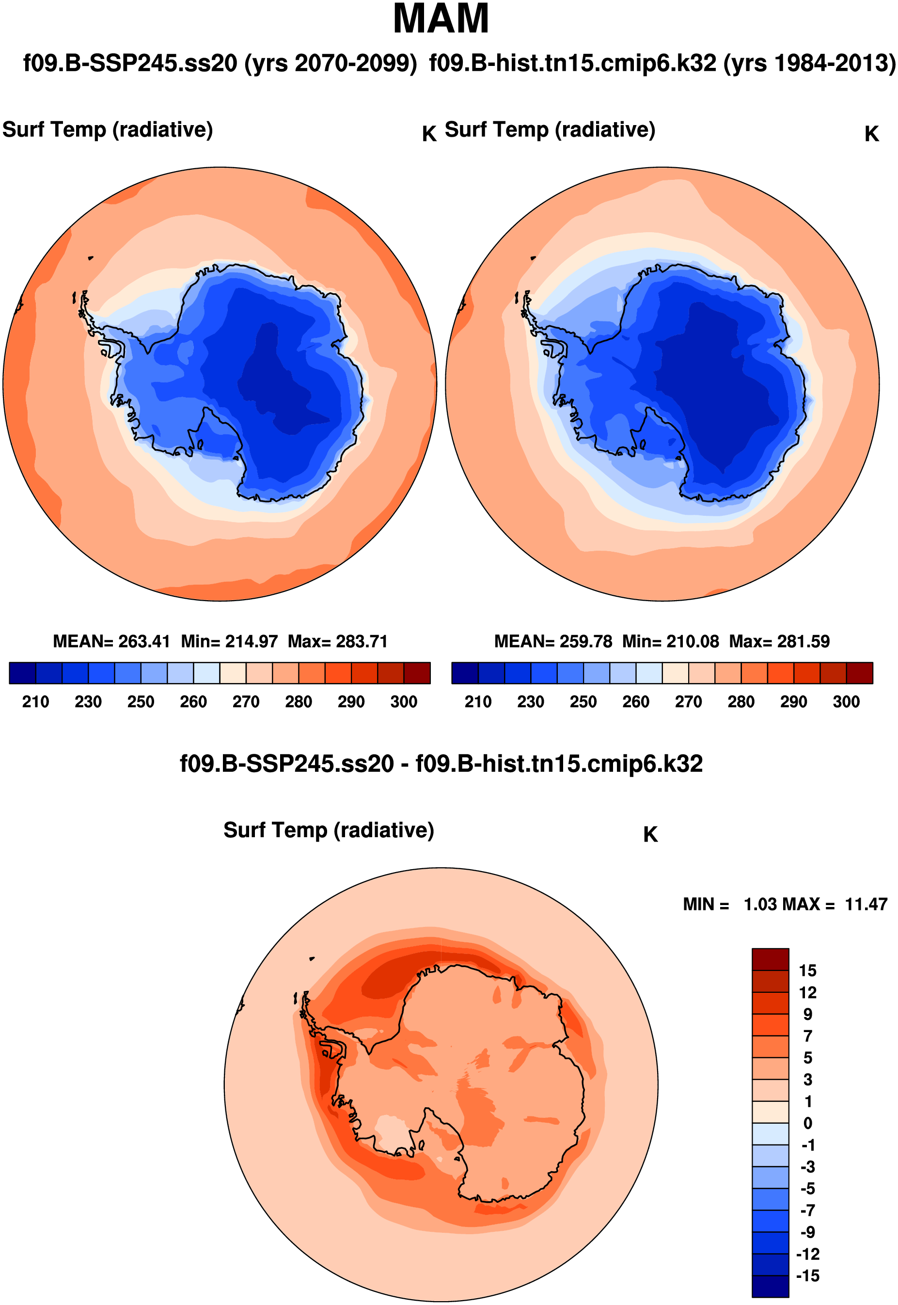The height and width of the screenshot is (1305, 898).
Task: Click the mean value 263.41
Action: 144,641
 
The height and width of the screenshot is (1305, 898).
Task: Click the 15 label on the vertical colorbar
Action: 807,970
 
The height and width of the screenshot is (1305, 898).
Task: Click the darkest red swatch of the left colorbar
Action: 417,672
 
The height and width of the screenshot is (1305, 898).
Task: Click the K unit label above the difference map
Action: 650,835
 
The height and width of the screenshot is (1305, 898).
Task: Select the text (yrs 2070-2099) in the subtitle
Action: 331,63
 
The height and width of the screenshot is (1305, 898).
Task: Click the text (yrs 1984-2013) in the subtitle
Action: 809,63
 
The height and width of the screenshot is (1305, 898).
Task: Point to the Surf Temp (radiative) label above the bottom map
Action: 329,830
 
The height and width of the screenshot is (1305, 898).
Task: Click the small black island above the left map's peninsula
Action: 90,258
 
